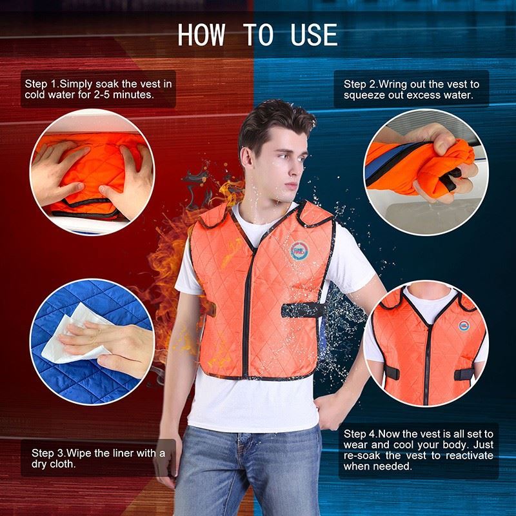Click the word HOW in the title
201,35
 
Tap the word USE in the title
314,35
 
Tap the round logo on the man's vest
299,251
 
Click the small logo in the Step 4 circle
464,326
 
